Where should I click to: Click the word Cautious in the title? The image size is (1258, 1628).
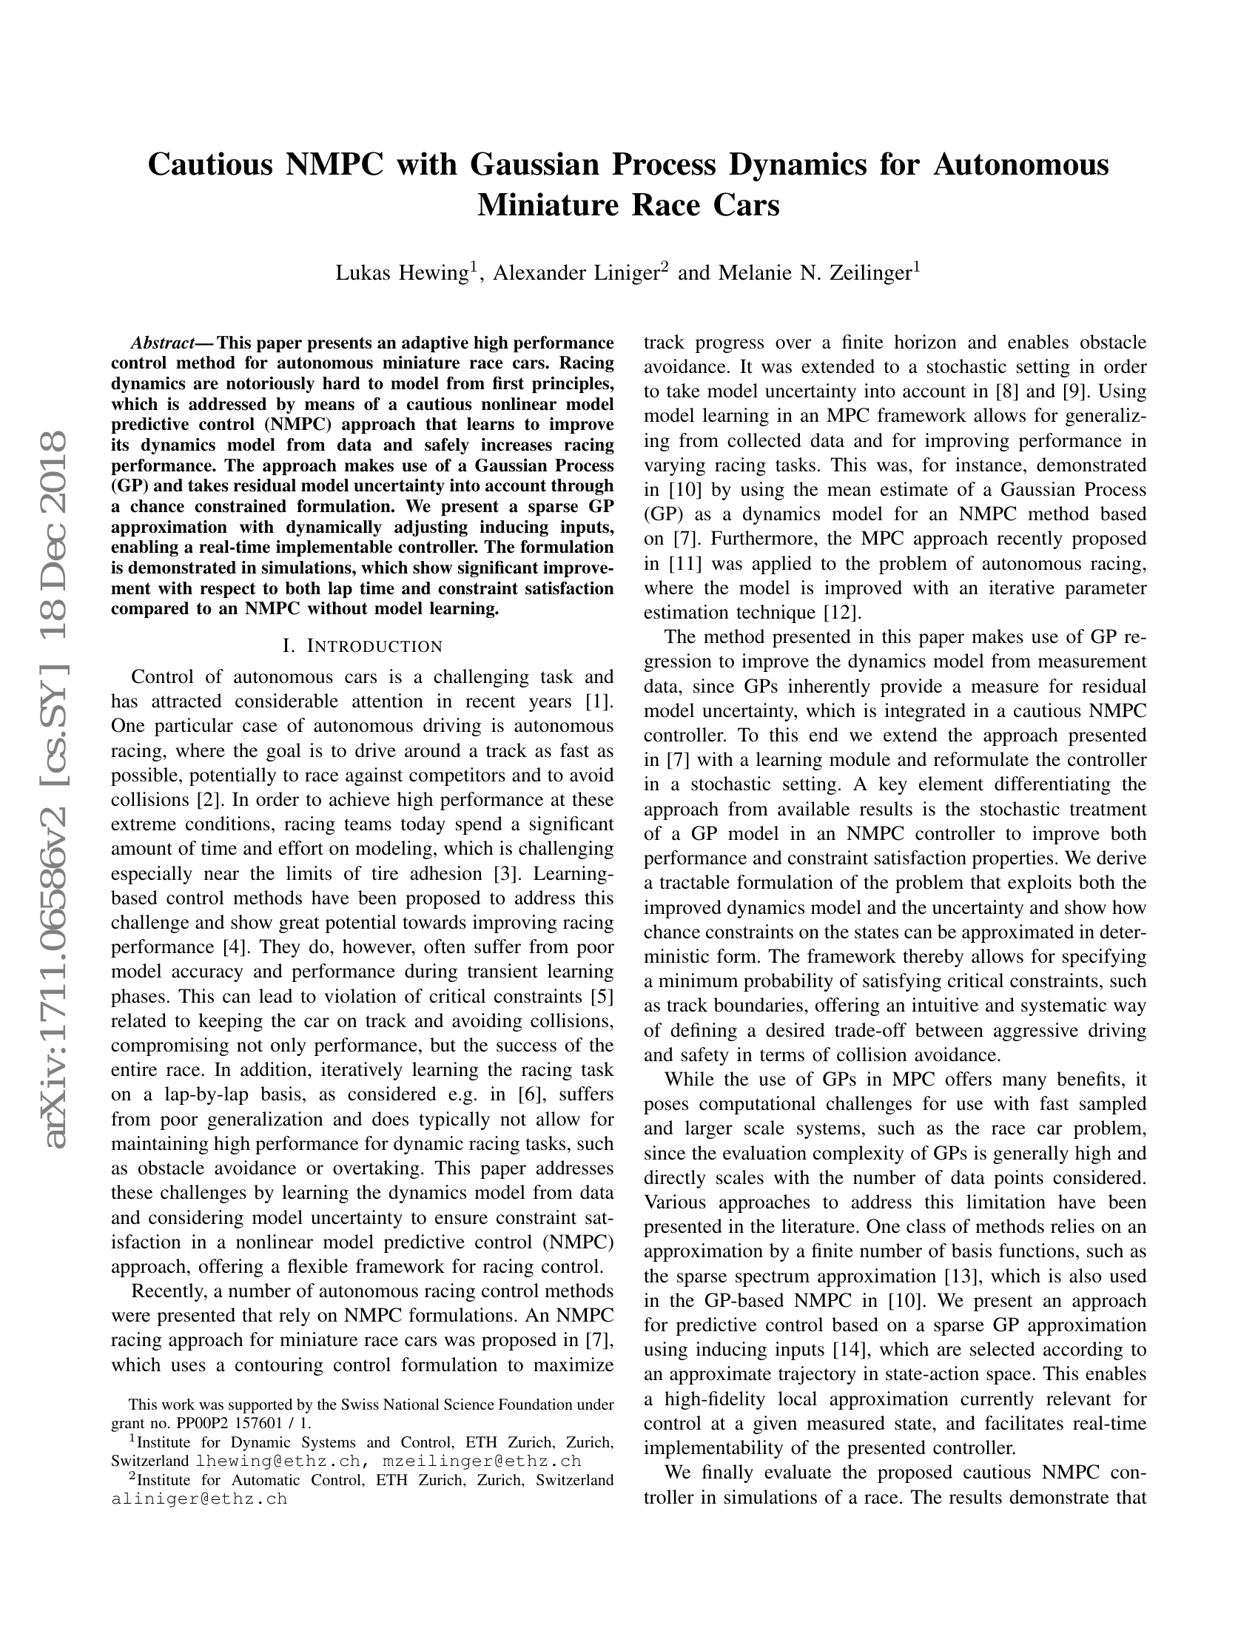pyautogui.click(x=211, y=164)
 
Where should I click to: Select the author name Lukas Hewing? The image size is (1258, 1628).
pyautogui.click(x=401, y=274)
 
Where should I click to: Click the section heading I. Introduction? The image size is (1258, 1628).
pyautogui.click(x=362, y=645)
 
